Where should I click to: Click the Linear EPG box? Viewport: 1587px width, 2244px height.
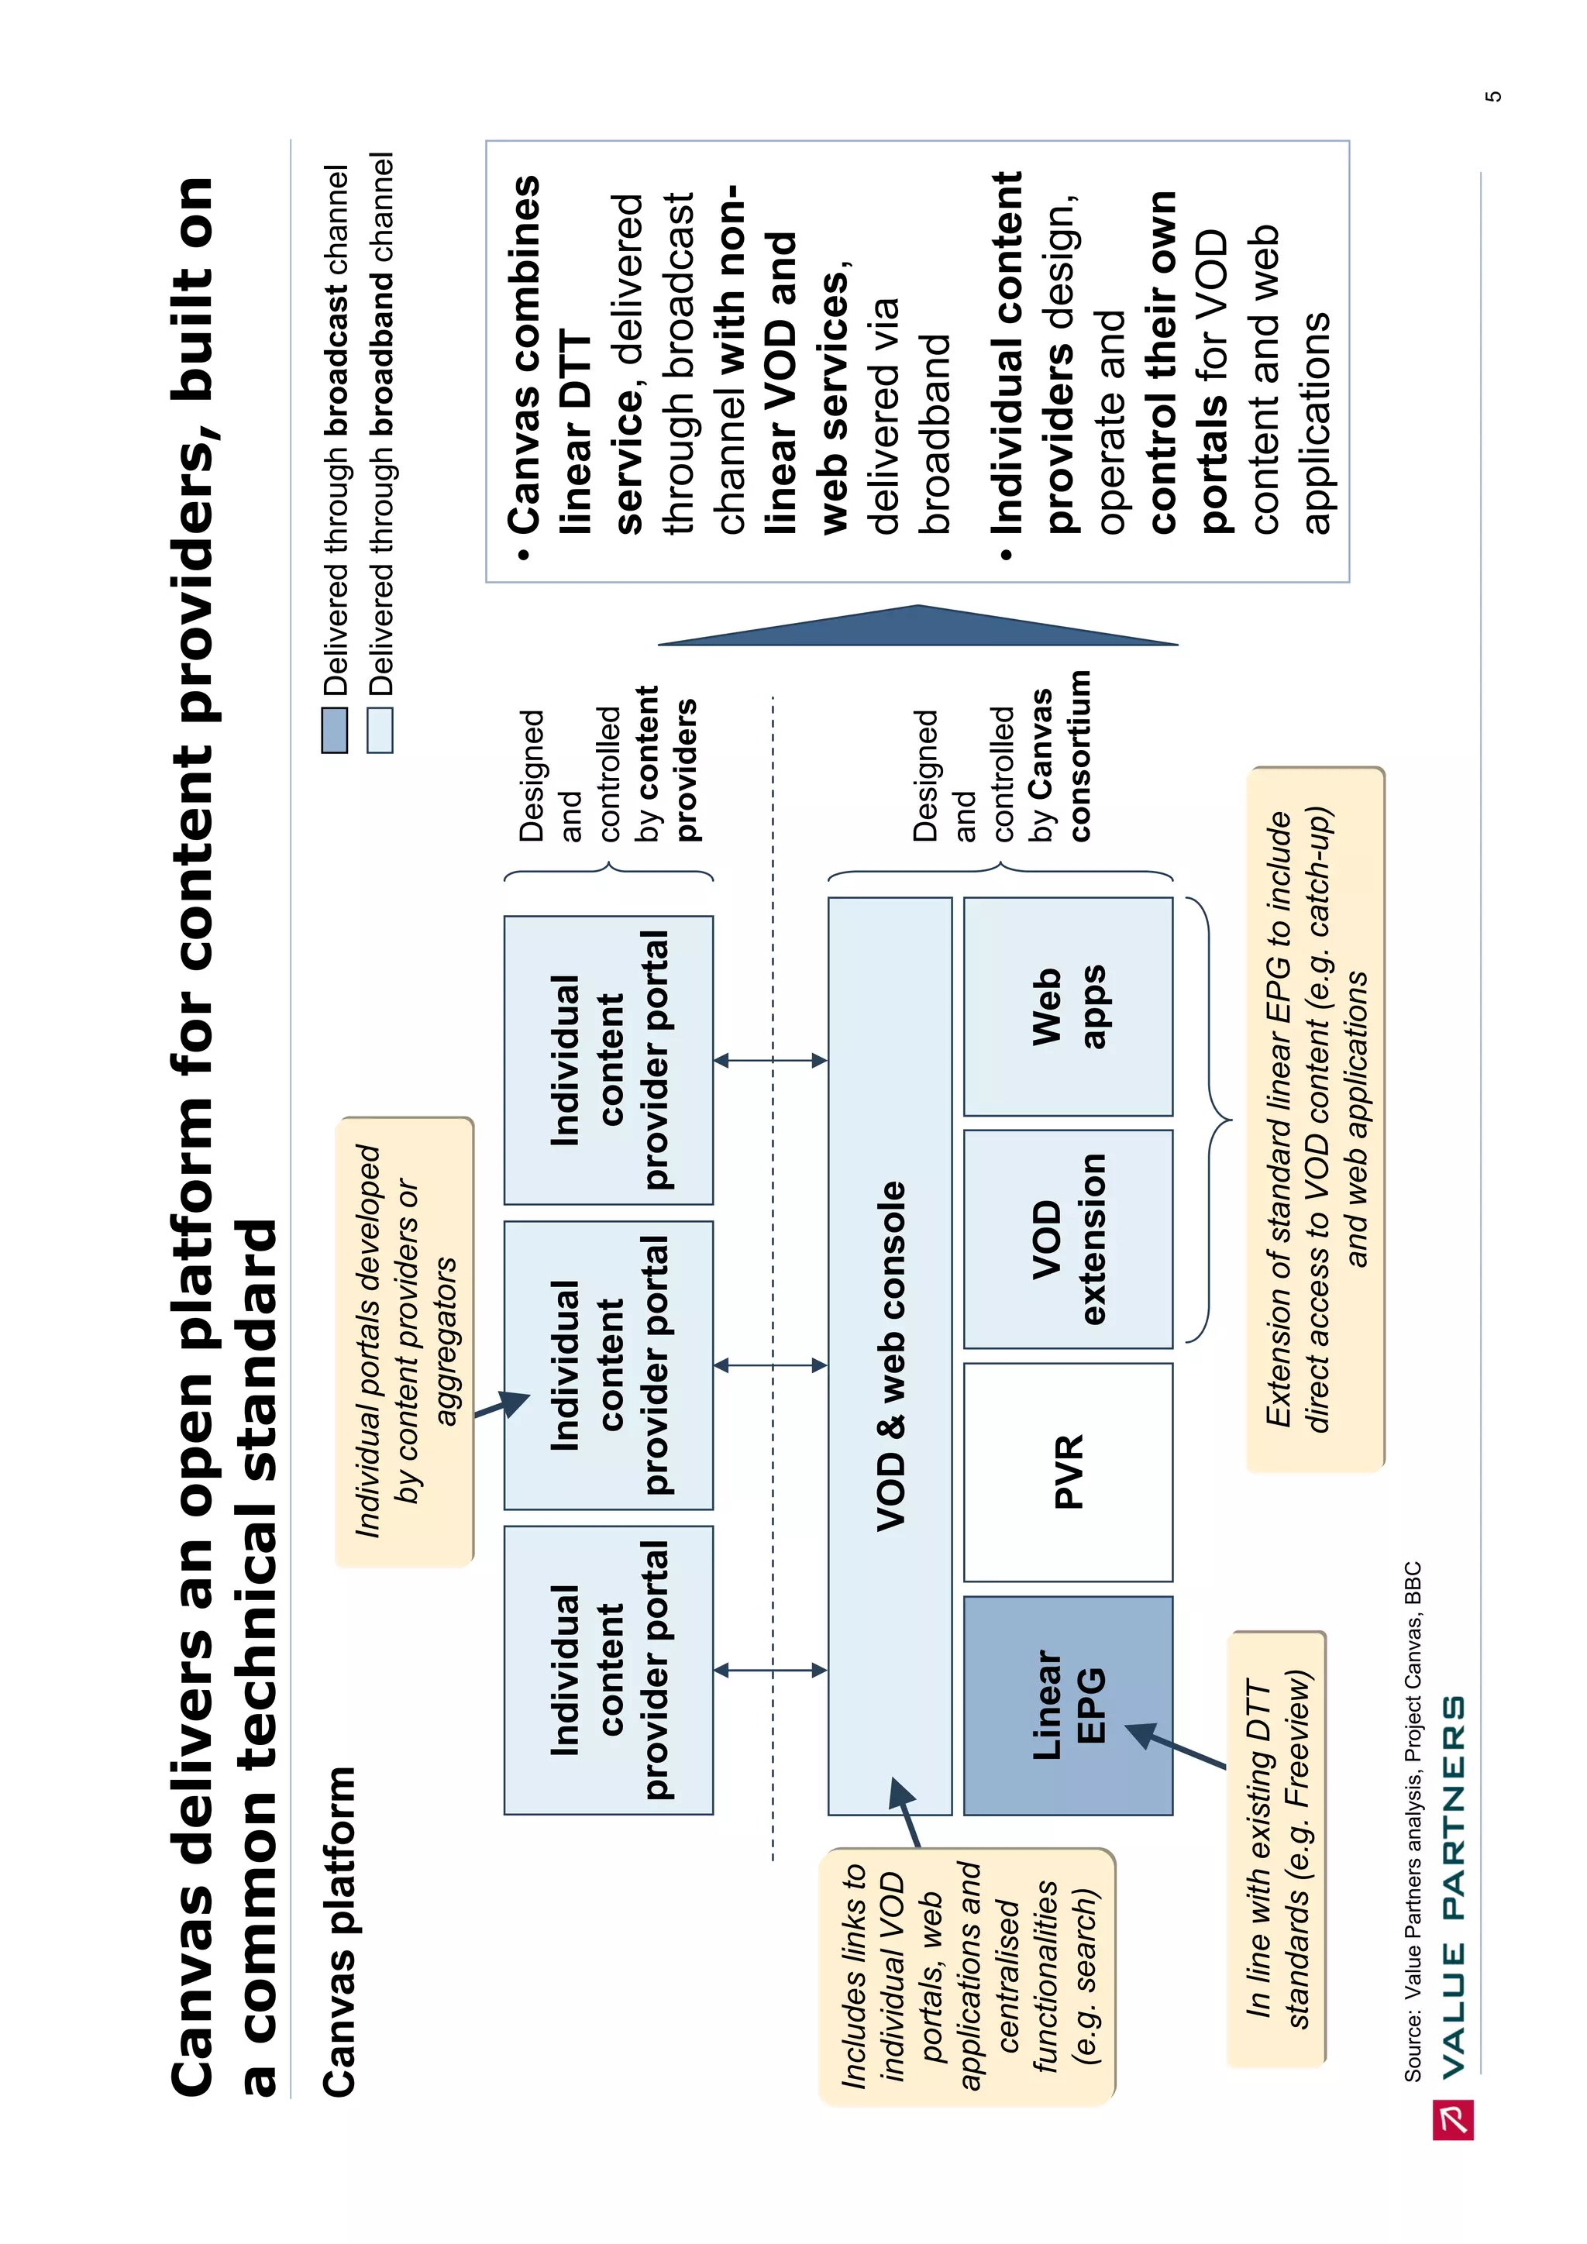click(x=1067, y=1705)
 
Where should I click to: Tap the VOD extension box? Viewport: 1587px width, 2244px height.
click(x=1067, y=1238)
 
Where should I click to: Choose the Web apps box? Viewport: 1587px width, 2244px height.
click(x=1067, y=1006)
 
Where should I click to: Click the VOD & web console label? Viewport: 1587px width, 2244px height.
click(x=890, y=1355)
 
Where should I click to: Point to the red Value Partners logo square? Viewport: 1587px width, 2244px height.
click(x=1452, y=2119)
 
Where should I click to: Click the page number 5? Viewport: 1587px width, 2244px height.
click(x=1492, y=96)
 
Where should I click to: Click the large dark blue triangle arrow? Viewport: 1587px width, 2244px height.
click(x=917, y=625)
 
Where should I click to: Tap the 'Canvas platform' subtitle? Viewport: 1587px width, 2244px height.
click(x=339, y=1930)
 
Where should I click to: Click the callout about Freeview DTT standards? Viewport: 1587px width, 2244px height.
click(x=1276, y=1847)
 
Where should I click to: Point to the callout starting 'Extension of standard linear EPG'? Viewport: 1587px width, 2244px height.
click(x=1314, y=1119)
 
